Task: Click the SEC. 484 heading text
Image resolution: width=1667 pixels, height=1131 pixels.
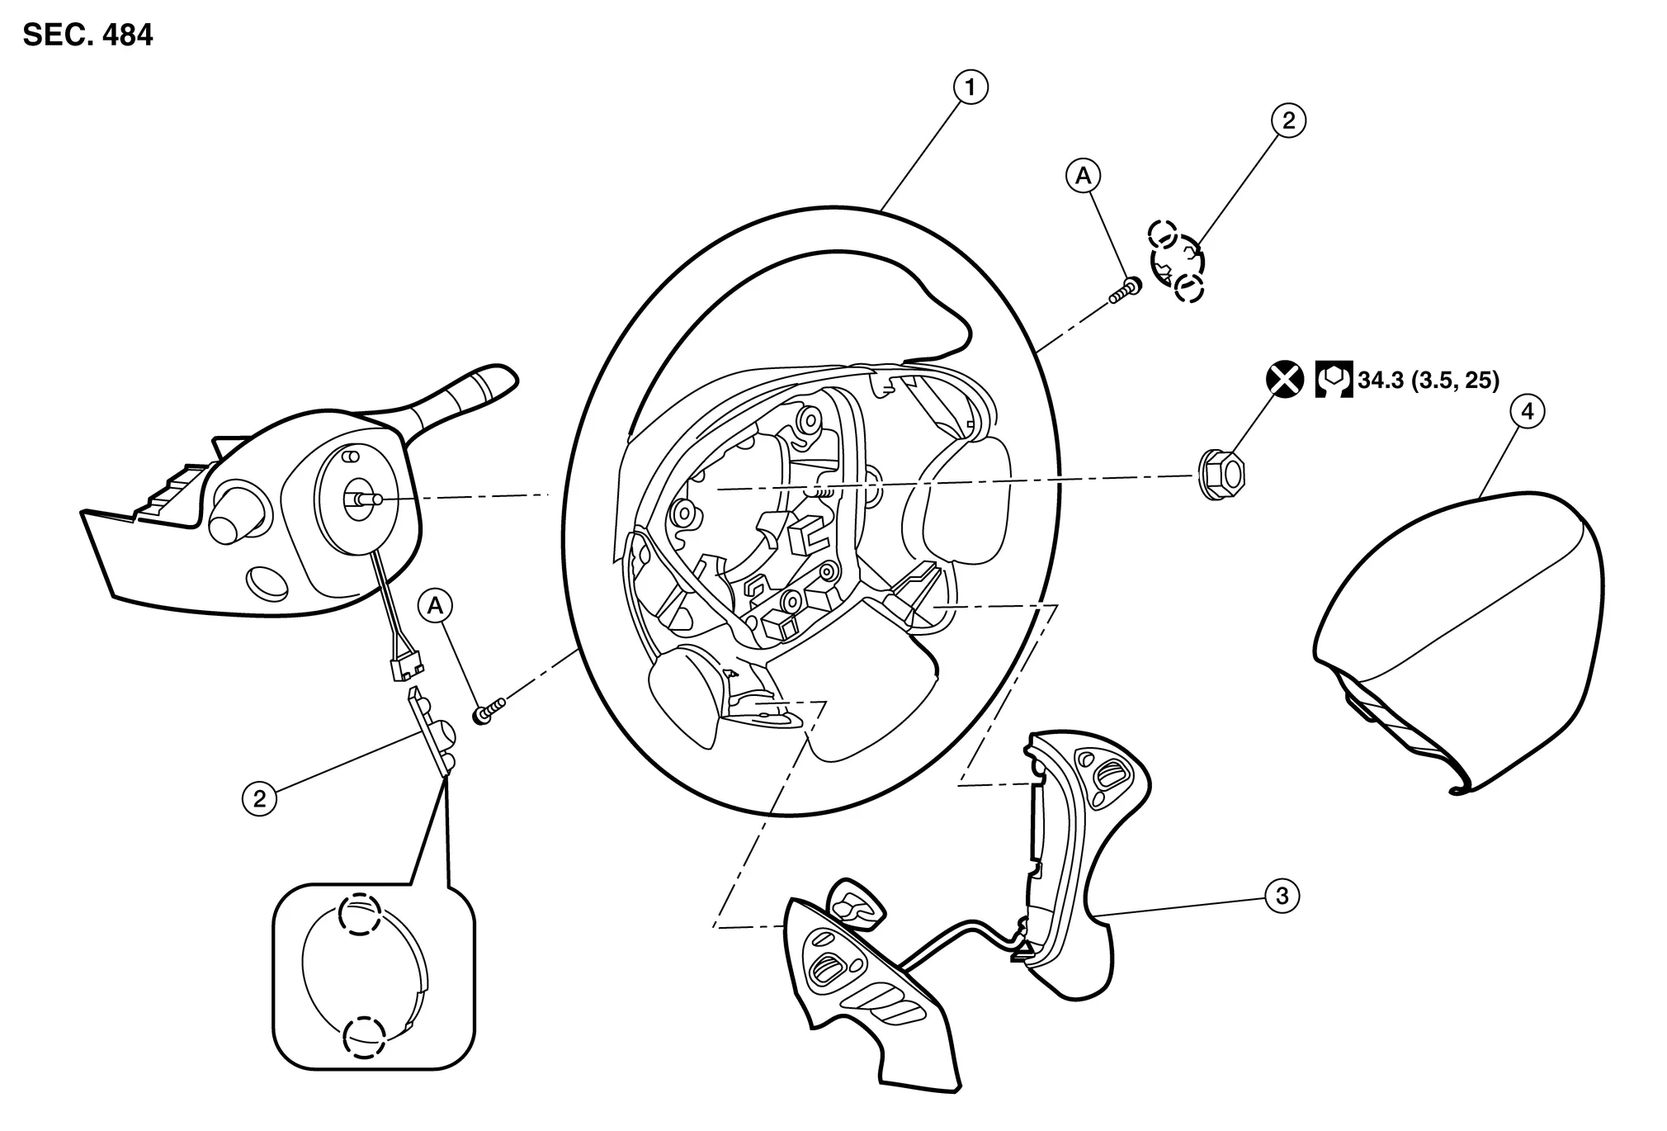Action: click(x=88, y=35)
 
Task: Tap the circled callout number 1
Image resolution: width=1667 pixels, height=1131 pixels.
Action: click(x=970, y=87)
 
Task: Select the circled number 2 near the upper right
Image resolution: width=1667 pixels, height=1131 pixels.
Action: click(x=1288, y=121)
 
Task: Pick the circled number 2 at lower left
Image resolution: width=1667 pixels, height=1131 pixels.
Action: click(x=260, y=799)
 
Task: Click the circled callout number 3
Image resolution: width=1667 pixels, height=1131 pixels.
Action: click(x=1282, y=896)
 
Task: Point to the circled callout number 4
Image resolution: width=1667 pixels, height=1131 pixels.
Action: click(x=1528, y=411)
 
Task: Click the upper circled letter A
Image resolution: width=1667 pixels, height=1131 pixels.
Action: click(x=1084, y=175)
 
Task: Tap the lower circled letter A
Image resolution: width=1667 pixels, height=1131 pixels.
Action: click(x=435, y=607)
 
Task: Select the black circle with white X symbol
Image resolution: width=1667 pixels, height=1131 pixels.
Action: click(x=1286, y=380)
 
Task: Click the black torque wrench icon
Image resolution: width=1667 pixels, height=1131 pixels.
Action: click(x=1334, y=380)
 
